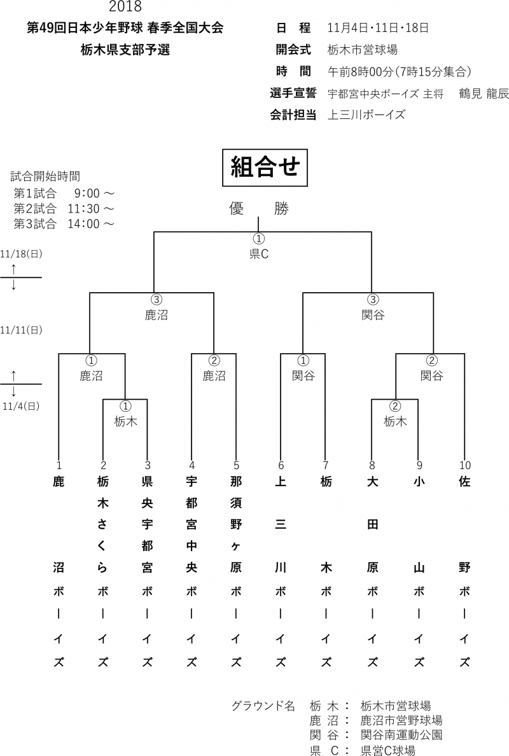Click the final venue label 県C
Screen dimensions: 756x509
pyautogui.click(x=258, y=254)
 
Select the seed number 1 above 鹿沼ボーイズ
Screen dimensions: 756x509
pyautogui.click(x=59, y=465)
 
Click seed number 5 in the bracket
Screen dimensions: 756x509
pyautogui.click(x=236, y=465)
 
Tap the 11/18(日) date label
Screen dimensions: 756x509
pyautogui.click(x=22, y=253)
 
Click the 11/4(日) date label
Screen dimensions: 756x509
pyautogui.click(x=22, y=405)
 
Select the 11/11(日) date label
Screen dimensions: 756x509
pyautogui.click(x=22, y=330)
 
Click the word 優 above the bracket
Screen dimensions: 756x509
pyautogui.click(x=237, y=209)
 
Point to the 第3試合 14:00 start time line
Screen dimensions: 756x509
pyautogui.click(x=64, y=223)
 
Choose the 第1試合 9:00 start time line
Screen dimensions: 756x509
pyautogui.click(x=64, y=193)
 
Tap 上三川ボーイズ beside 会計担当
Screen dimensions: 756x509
pyautogui.click(x=366, y=115)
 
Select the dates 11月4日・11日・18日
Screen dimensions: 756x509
pyautogui.click(x=377, y=28)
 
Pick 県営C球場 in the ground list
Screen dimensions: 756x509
pyautogui.click(x=387, y=750)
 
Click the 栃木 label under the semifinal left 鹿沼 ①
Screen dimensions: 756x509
pyautogui.click(x=125, y=421)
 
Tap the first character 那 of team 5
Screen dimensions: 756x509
pyautogui.click(x=236, y=482)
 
